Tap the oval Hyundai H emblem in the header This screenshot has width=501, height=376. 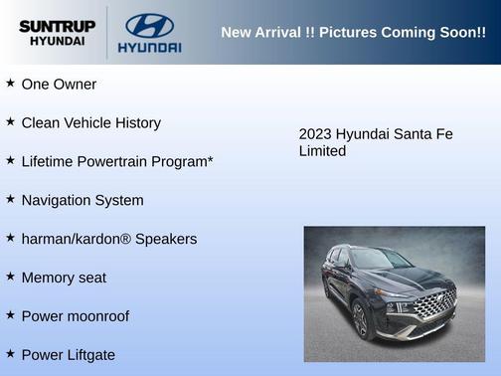[149, 25]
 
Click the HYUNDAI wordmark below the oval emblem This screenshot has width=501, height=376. [149, 47]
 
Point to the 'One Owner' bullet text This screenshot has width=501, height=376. [59, 85]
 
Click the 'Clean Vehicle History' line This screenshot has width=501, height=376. [90, 123]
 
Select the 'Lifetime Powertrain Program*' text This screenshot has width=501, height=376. [117, 161]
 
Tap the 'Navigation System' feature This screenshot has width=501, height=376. [83, 200]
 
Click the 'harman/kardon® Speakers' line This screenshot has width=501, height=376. [109, 239]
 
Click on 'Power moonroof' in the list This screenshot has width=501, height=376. [76, 316]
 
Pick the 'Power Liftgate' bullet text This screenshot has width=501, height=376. [69, 355]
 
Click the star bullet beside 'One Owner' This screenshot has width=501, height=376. [10, 84]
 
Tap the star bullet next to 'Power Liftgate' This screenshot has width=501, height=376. [10, 354]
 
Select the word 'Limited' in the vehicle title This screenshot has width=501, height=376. [322, 151]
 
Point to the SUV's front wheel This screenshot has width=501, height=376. [360, 320]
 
